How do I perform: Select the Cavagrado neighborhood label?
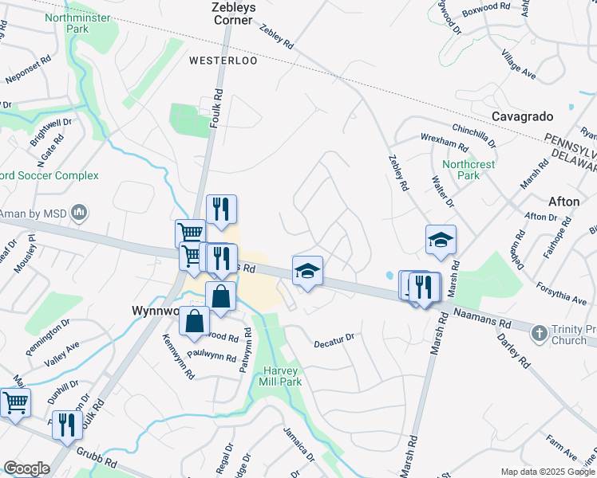click(x=522, y=116)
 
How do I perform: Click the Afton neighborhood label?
click(x=564, y=202)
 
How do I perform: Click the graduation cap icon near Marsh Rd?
click(x=441, y=240)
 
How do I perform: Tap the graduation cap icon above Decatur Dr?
click(x=307, y=270)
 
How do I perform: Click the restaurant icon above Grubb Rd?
click(x=67, y=424)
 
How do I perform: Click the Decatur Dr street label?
click(x=334, y=338)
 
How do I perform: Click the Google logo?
click(x=27, y=468)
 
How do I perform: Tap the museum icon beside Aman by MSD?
click(x=78, y=213)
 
